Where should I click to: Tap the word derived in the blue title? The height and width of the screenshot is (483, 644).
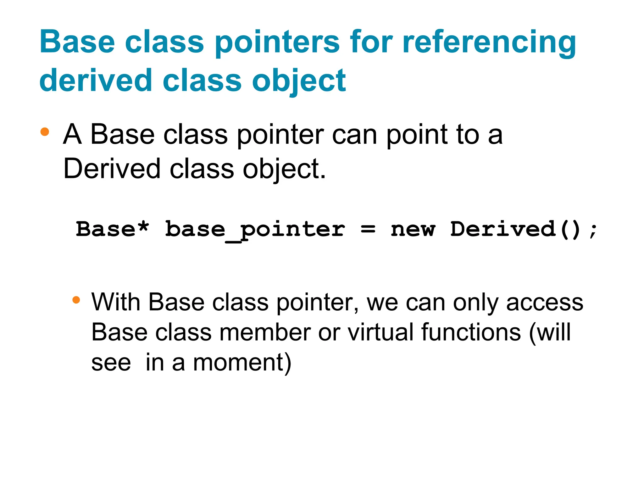pyautogui.click(x=96, y=81)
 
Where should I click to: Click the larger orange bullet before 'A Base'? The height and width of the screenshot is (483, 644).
pyautogui.click(x=45, y=132)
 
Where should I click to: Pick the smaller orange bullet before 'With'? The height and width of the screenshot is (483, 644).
pyautogui.click(x=76, y=299)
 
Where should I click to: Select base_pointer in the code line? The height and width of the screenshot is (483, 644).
pyautogui.click(x=255, y=230)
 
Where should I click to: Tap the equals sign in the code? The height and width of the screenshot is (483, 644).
pyautogui.click(x=368, y=230)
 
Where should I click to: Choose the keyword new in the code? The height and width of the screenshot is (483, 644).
pyautogui.click(x=413, y=230)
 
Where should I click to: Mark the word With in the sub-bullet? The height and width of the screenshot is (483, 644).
pyautogui.click(x=116, y=302)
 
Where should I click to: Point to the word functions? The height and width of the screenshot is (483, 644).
pyautogui.click(x=471, y=332)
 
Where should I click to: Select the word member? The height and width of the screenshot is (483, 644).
pyautogui.click(x=265, y=332)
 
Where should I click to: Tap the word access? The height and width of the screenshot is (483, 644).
pyautogui.click(x=545, y=303)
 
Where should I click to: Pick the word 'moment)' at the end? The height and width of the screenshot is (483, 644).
pyautogui.click(x=242, y=363)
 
